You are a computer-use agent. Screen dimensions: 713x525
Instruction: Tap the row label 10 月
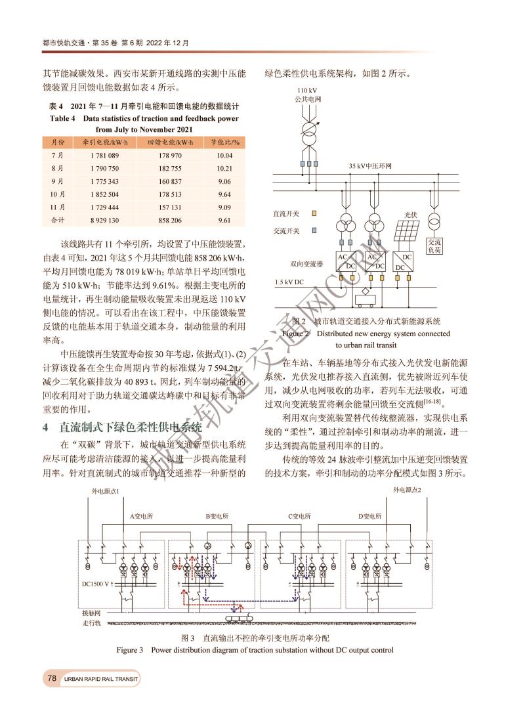tap(57, 194)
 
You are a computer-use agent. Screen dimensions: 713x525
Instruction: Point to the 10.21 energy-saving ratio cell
tap(225, 168)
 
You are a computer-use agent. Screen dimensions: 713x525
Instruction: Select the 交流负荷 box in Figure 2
tap(434, 246)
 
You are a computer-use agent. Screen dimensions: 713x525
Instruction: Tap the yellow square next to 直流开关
tap(314, 213)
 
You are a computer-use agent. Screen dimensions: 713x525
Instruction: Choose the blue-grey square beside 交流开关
tap(314, 230)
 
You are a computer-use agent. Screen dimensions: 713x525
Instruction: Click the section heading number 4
tap(45, 427)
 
